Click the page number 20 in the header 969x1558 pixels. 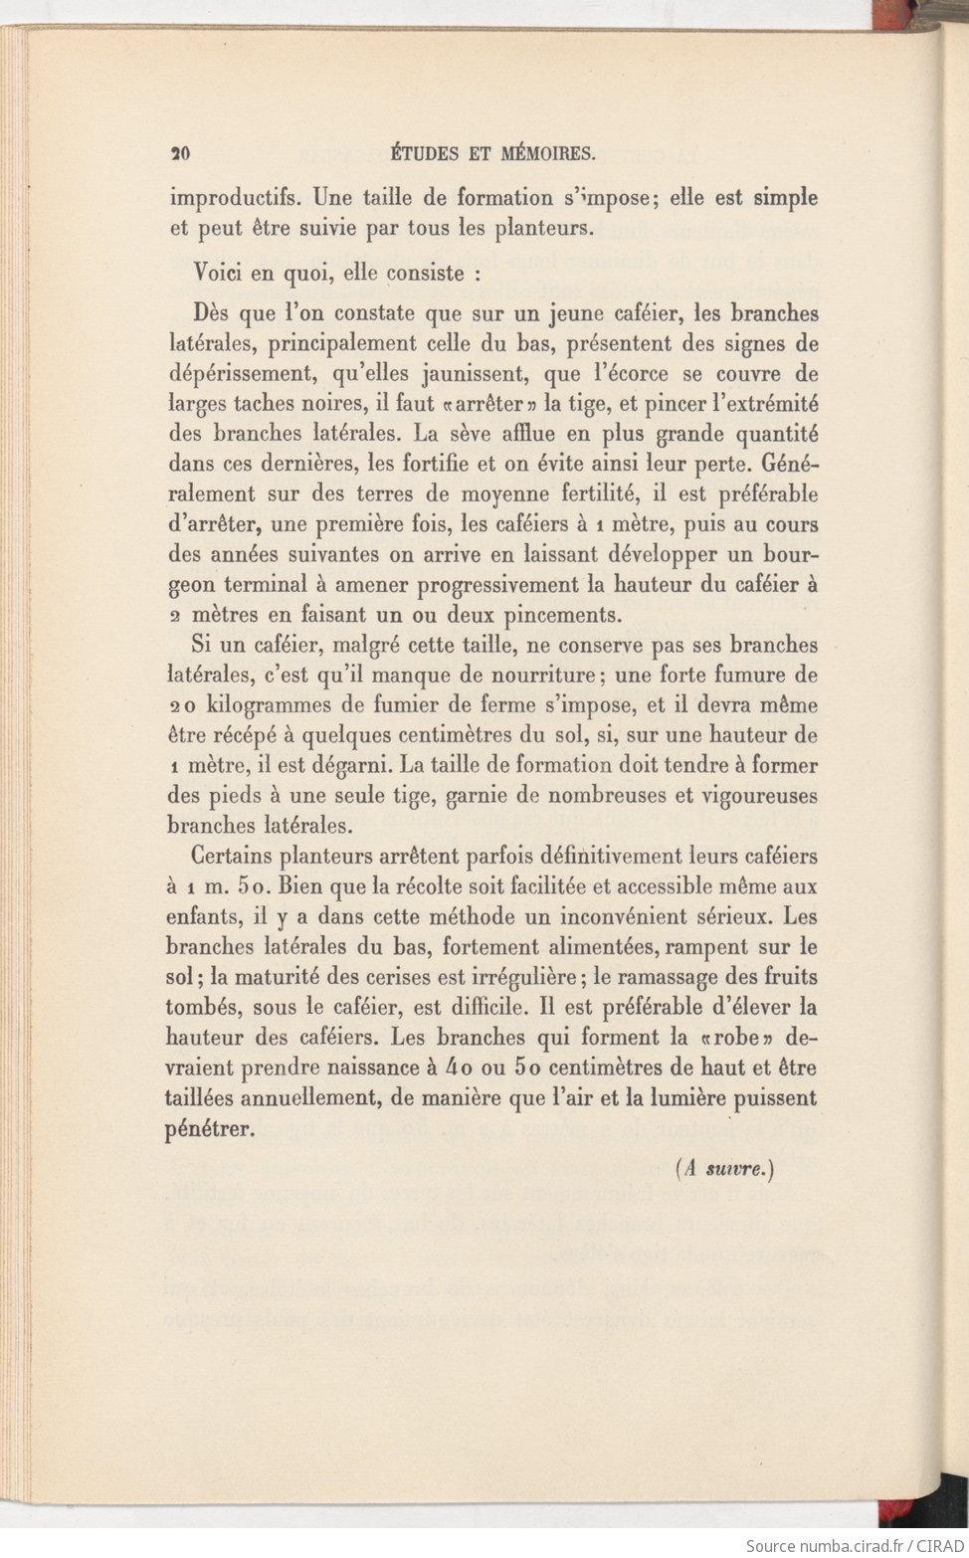pyautogui.click(x=180, y=153)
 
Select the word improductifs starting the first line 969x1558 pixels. pyautogui.click(x=234, y=198)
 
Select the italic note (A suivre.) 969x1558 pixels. pyautogui.click(x=724, y=1169)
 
